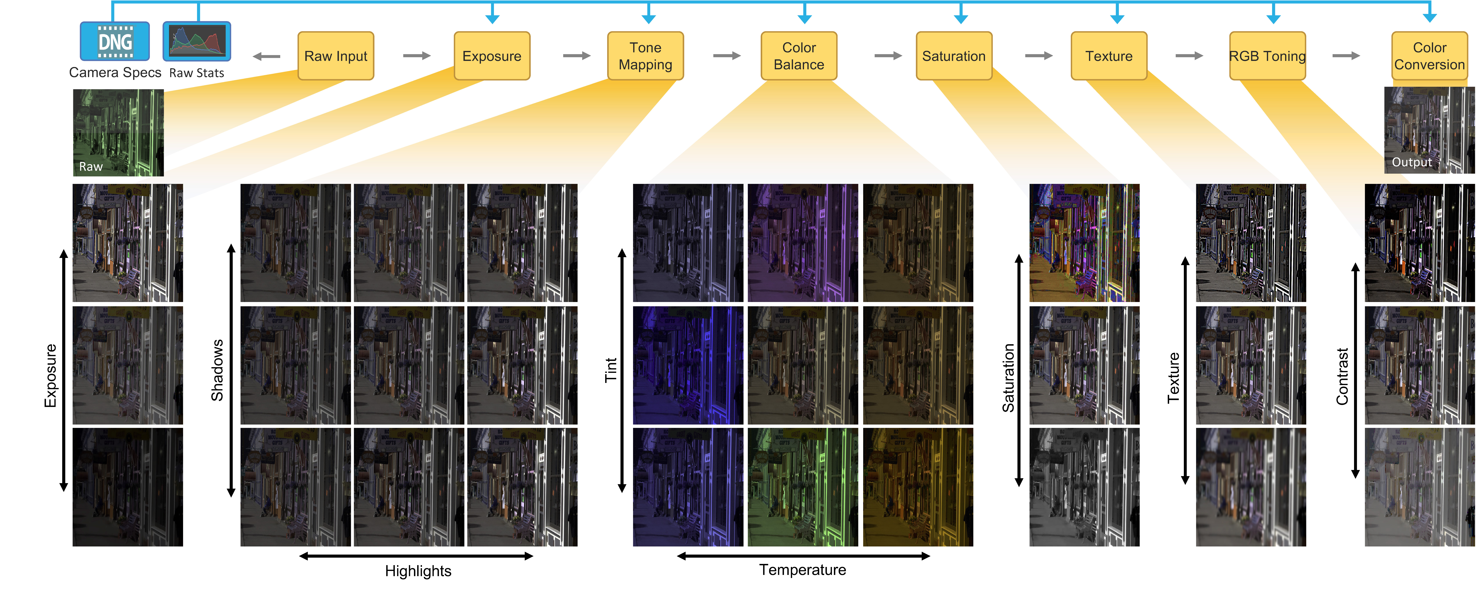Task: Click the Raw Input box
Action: (336, 56)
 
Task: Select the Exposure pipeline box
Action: (492, 56)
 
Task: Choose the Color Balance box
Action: (799, 56)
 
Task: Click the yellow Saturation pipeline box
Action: (954, 56)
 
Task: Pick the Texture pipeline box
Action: (1109, 56)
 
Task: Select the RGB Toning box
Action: (1267, 56)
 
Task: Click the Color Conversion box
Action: (1430, 56)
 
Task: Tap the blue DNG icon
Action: (115, 41)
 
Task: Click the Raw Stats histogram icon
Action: (197, 41)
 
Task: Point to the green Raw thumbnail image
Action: (118, 132)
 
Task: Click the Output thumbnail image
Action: (1429, 130)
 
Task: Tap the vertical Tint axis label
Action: (611, 370)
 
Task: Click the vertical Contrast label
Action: (1342, 376)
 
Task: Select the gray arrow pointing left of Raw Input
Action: (266, 56)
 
